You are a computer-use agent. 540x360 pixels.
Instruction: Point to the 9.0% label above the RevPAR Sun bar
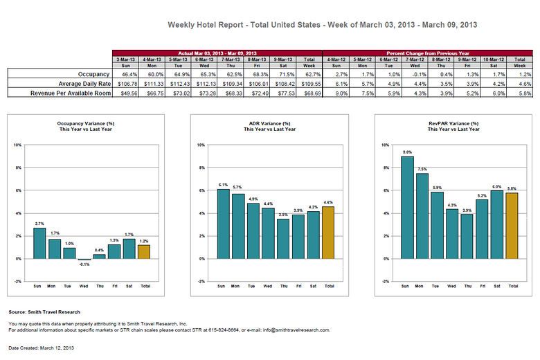click(408, 152)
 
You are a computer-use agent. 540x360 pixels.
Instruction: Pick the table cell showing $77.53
click(284, 91)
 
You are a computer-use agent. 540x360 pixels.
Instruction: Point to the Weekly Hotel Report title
click(323, 24)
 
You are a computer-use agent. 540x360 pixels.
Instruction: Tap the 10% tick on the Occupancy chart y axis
click(18, 145)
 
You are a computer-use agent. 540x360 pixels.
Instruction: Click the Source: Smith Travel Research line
click(44, 313)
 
